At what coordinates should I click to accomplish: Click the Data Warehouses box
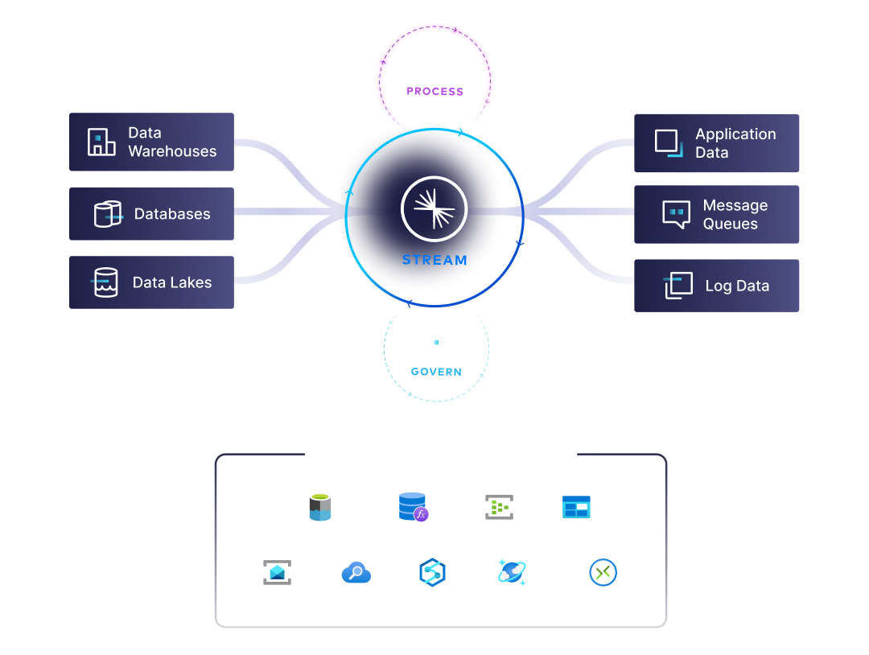pos(151,142)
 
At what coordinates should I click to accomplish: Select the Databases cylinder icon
pos(107,214)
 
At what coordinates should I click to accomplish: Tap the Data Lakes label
pos(172,282)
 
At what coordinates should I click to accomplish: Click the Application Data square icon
pos(668,142)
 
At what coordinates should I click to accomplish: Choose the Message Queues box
pos(716,215)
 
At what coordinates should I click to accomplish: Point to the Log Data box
pos(716,286)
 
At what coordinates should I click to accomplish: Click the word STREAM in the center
pos(434,260)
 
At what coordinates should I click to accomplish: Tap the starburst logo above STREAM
pos(434,208)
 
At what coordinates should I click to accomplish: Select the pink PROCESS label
pos(434,92)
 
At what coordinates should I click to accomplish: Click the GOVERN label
pos(435,372)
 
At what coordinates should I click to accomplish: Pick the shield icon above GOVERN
pos(435,344)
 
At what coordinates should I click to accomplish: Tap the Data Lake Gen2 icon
pos(320,508)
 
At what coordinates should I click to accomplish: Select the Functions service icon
pos(413,507)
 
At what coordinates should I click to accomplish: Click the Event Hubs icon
pos(499,508)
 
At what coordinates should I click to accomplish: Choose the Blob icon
pos(576,508)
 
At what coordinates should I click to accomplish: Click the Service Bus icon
pos(277,572)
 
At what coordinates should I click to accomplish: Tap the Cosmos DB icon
pos(512,572)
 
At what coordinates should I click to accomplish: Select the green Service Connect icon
pos(603,573)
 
